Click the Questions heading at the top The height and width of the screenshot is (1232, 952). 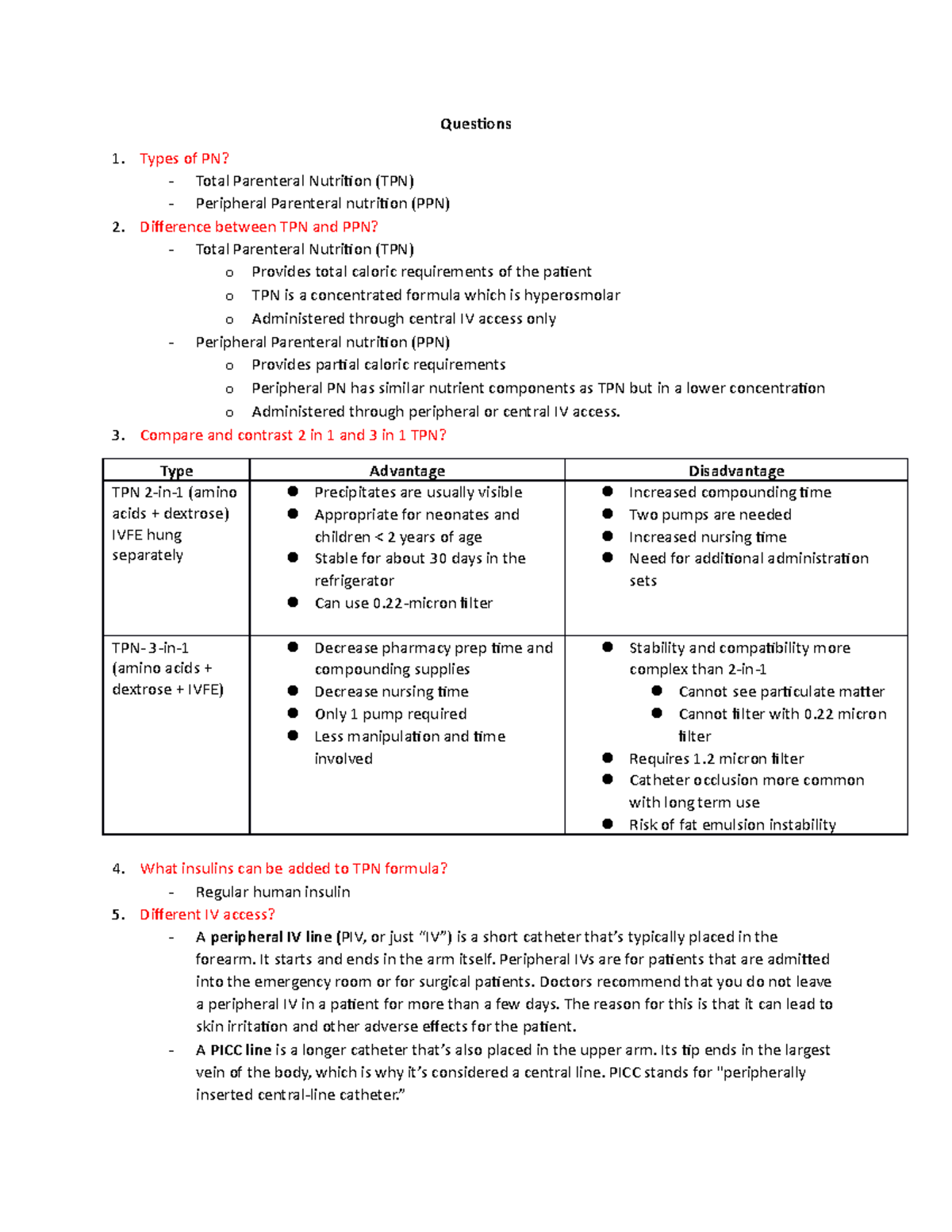tap(475, 124)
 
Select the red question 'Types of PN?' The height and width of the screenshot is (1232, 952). tap(184, 159)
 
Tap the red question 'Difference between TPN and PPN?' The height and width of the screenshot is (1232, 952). tap(259, 227)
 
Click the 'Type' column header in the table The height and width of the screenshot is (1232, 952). tap(176, 470)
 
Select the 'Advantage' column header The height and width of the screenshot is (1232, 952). tap(407, 470)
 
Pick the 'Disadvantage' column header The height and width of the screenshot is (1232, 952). tap(736, 470)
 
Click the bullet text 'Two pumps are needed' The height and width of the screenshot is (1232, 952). tap(710, 515)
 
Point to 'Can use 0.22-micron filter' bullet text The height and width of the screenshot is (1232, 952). tap(403, 603)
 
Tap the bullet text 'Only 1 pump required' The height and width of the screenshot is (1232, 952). tap(390, 714)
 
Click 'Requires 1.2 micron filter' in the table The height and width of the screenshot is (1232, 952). tap(716, 758)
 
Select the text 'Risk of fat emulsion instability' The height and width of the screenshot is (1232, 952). tap(732, 825)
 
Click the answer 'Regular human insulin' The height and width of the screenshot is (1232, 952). tap(273, 892)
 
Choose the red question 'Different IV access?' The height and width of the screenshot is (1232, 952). tap(207, 915)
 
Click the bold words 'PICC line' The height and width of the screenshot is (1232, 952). tap(241, 1050)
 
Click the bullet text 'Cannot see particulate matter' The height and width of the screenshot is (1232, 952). tap(781, 692)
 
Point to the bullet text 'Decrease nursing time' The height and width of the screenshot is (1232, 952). tap(391, 692)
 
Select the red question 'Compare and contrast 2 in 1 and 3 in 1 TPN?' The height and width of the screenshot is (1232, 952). tap(293, 436)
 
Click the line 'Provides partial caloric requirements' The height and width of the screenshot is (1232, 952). tap(378, 365)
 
